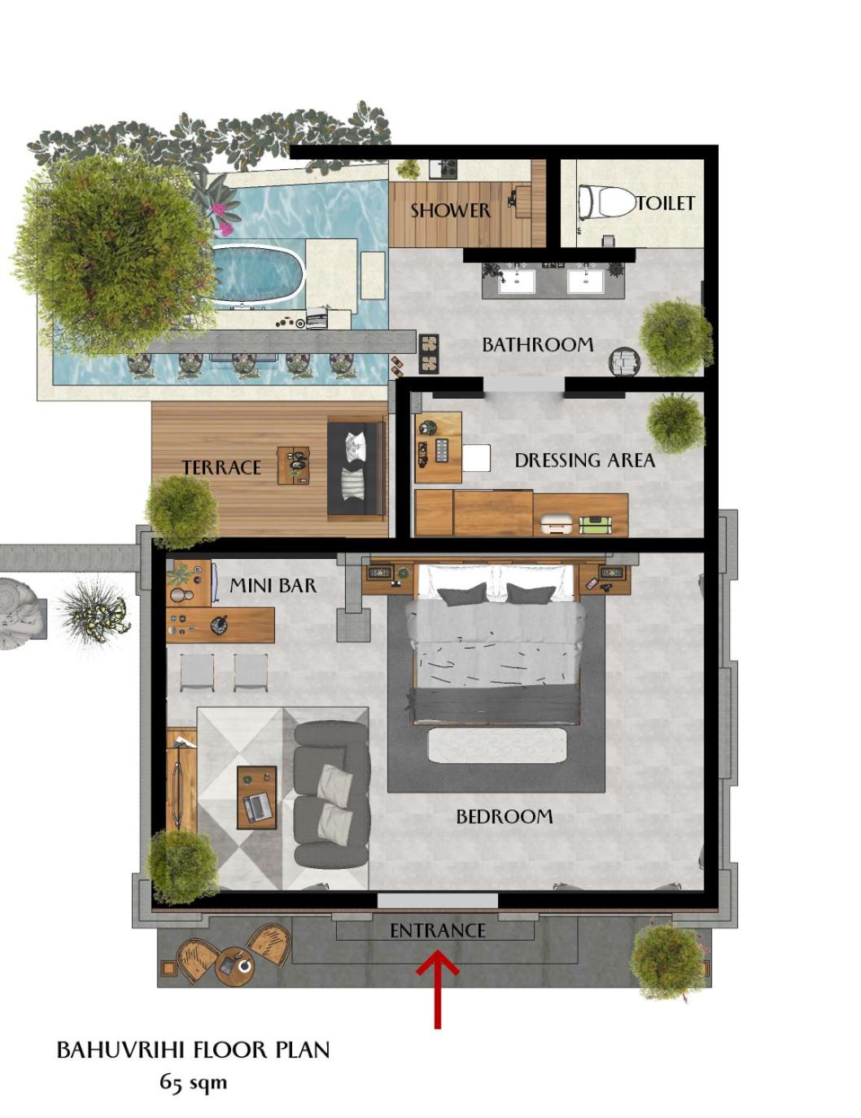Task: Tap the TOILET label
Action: (x=666, y=203)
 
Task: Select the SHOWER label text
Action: (x=450, y=210)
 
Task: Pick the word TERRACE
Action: (x=221, y=467)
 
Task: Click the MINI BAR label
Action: (x=273, y=585)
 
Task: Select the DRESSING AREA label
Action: (x=585, y=460)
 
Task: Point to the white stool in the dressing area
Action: (x=476, y=458)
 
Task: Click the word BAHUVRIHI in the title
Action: (x=120, y=1050)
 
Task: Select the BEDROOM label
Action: (x=504, y=816)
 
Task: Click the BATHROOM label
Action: (x=537, y=344)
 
